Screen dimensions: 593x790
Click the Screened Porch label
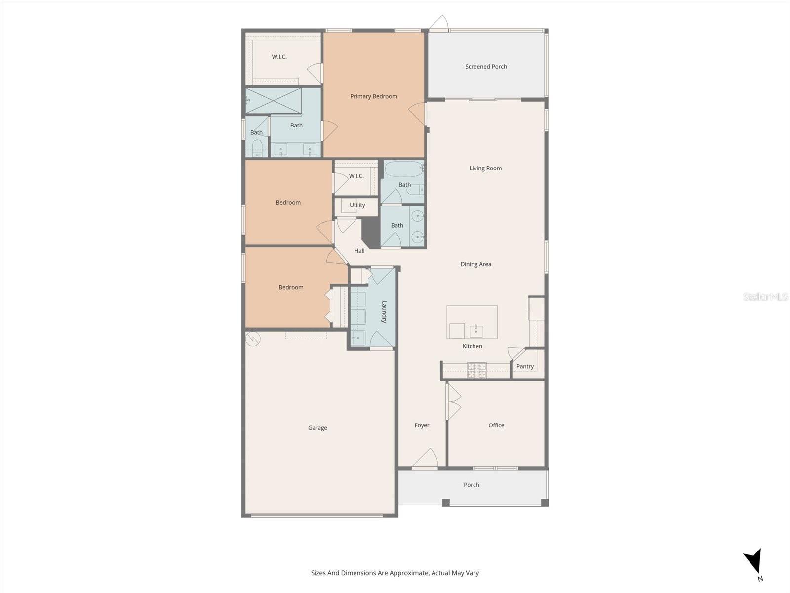(486, 67)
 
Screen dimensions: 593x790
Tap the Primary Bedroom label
(374, 97)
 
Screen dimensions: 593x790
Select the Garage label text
(317, 428)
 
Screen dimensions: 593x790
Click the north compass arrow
(753, 562)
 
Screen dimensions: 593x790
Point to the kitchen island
(472, 322)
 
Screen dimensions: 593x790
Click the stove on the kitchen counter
(476, 370)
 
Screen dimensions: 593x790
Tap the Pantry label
(525, 367)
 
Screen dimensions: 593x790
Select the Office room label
(496, 425)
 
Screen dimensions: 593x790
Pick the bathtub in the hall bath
(404, 169)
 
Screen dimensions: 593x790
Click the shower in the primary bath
(274, 101)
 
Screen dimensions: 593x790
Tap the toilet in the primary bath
(257, 147)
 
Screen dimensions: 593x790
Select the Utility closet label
(357, 205)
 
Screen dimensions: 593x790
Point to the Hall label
(359, 251)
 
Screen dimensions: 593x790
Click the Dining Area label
(475, 264)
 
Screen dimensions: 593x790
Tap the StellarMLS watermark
(765, 297)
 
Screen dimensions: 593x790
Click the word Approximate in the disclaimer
(408, 573)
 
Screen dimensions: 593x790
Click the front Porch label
(471, 485)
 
